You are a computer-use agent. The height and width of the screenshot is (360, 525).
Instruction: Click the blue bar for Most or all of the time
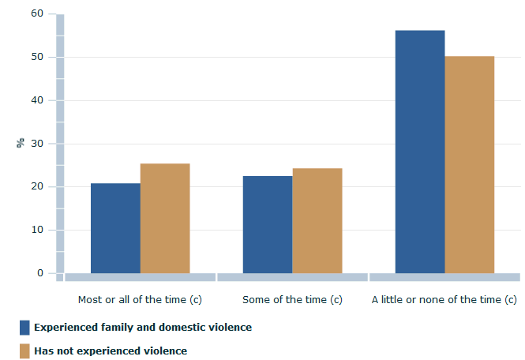coord(115,228)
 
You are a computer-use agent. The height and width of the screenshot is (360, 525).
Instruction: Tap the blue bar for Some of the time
coord(267,224)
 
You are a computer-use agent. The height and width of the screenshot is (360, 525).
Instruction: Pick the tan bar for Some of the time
coord(317,221)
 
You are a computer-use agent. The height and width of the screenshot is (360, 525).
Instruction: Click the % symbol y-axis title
coord(20,143)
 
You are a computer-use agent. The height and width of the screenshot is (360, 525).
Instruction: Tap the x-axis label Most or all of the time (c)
coord(133,300)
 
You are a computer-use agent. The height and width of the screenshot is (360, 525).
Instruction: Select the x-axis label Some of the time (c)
coord(292,300)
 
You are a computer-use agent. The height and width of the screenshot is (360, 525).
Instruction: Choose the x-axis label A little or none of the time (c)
coord(444,300)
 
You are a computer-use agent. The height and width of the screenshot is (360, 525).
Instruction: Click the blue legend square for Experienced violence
coord(24,327)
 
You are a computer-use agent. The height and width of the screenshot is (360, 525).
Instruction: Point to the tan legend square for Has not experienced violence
coord(24,351)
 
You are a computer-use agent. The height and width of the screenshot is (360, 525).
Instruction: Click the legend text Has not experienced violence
coord(111,351)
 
